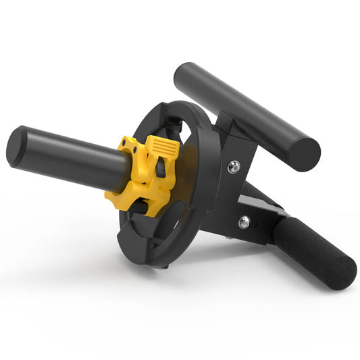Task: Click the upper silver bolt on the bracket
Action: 233,167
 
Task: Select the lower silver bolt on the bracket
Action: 244,222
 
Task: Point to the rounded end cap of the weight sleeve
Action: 18,147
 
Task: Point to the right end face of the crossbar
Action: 308,155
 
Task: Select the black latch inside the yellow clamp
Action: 160,169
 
